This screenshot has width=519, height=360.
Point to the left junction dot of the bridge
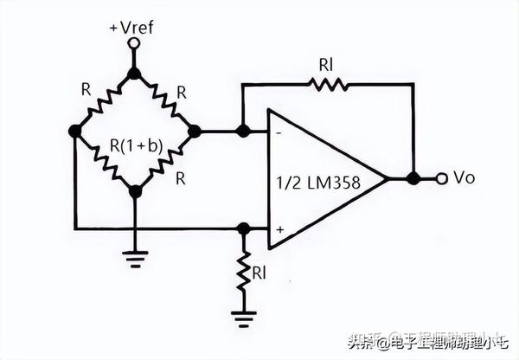75,132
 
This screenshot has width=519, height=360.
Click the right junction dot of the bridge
193,132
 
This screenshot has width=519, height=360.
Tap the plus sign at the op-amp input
279,229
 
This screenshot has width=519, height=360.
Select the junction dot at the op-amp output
413,179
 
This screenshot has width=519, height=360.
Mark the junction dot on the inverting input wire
243,132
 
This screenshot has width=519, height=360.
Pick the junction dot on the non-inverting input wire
243,229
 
